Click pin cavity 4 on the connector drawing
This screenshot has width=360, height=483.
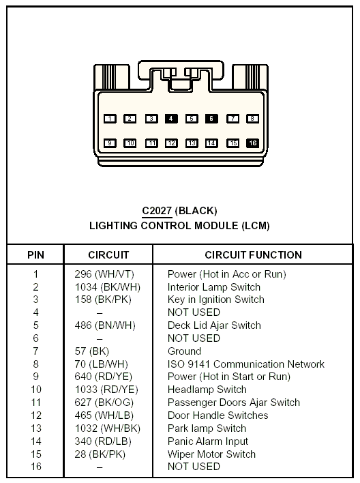pos(171,119)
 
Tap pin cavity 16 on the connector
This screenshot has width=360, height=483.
pos(252,143)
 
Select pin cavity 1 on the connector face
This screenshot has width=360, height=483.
pos(110,119)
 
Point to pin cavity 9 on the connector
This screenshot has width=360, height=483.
pos(110,143)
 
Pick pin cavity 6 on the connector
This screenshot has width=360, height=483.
pos(211,119)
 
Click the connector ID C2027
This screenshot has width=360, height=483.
pos(157,211)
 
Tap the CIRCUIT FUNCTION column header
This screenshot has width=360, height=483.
pos(253,254)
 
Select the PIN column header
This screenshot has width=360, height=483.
pos(35,254)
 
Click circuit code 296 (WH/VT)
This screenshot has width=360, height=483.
pos(104,274)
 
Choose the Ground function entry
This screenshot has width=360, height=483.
pos(185,351)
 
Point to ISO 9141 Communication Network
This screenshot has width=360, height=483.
pos(246,364)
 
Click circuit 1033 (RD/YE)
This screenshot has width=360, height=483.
pos(106,390)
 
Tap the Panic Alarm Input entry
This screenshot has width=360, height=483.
pos(208,441)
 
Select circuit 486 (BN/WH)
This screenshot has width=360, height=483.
pos(105,325)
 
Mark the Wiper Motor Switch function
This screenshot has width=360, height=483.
pos(211,454)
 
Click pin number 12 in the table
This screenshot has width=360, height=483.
pos(36,415)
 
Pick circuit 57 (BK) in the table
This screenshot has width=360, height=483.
pos(92,351)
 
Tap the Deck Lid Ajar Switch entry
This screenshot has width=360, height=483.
pos(214,325)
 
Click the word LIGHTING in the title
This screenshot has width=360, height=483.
pos(113,226)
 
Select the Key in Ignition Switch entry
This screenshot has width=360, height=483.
pos(216,299)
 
